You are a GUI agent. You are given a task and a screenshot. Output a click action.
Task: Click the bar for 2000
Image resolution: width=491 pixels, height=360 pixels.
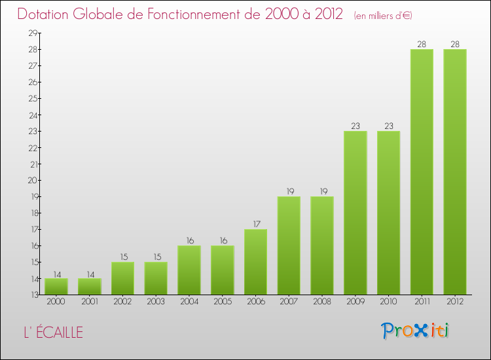(x=56, y=287)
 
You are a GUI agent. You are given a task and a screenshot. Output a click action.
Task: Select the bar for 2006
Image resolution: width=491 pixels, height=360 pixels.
(x=255, y=262)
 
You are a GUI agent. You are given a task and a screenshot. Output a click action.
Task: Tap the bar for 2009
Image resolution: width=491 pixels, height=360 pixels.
(x=355, y=213)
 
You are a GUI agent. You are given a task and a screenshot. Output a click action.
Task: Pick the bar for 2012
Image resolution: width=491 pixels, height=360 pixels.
(x=455, y=171)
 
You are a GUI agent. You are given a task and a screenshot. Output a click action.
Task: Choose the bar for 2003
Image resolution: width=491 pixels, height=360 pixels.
(x=156, y=278)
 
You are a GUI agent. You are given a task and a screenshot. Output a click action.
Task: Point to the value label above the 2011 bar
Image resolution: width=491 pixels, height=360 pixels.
(x=422, y=45)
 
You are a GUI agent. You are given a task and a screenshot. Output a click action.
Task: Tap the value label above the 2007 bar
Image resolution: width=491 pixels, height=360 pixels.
(x=289, y=192)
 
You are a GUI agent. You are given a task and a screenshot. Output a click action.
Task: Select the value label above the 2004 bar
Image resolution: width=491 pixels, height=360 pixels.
(x=189, y=241)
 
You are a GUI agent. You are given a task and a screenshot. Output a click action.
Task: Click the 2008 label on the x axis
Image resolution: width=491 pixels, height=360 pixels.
(x=322, y=301)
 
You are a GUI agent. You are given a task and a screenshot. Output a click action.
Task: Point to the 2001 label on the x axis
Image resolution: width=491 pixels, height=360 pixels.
(x=90, y=301)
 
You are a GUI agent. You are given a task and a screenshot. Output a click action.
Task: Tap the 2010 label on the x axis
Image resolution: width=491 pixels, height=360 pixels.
(x=388, y=301)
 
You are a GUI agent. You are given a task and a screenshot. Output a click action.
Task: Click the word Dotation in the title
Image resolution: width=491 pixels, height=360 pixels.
(x=46, y=14)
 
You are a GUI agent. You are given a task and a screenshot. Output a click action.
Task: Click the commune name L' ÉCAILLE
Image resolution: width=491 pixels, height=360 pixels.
(x=51, y=333)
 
